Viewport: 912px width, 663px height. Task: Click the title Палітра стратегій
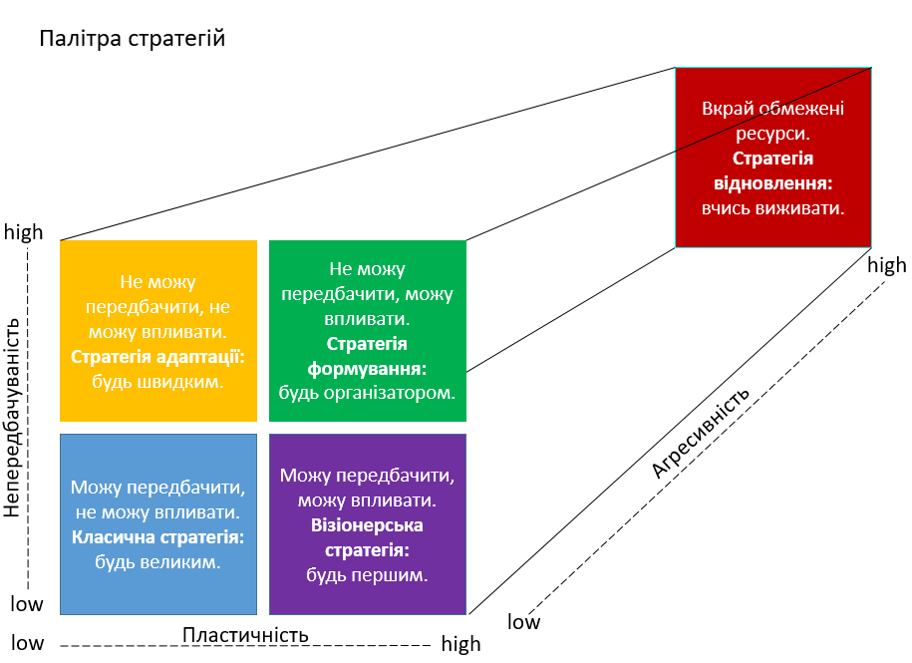point(133,40)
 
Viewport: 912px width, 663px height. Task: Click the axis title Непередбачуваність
point(12,417)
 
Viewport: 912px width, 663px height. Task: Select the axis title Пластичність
point(245,635)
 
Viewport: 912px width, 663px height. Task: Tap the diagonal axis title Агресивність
point(700,435)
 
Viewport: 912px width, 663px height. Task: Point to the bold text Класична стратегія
point(157,538)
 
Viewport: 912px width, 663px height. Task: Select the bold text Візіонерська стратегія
point(367,537)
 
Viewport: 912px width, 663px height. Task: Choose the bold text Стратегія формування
point(367,356)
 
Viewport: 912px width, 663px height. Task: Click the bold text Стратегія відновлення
point(772,171)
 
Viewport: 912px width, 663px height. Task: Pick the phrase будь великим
point(157,563)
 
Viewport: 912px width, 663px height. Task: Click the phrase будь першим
point(367,575)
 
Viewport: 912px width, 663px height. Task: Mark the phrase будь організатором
point(367,393)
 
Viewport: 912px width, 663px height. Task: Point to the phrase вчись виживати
point(772,209)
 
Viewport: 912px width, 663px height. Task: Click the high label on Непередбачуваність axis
point(24,232)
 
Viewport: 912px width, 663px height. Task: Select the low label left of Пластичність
point(27,643)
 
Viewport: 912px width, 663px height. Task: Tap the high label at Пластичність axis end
point(460,645)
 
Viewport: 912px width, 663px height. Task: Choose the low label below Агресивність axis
point(524,623)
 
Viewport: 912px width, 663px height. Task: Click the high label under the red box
point(887,265)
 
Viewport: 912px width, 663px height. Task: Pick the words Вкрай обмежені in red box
point(772,109)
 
